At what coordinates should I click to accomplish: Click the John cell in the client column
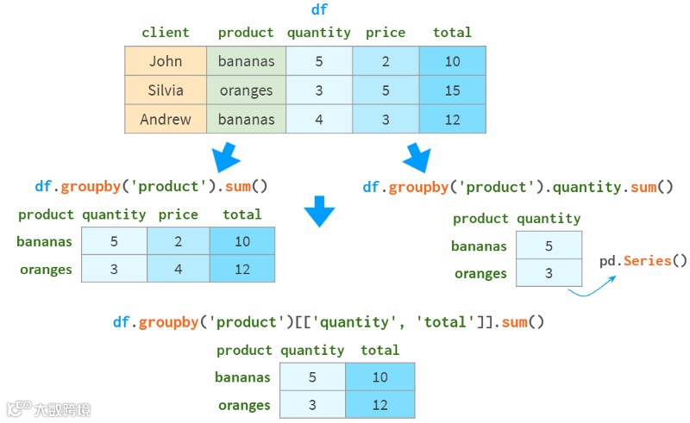166,61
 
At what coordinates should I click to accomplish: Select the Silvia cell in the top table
166,90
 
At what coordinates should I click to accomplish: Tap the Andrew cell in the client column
166,120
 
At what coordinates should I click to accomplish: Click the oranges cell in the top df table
246,90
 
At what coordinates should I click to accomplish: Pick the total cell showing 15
453,90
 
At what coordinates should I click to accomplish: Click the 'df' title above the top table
319,10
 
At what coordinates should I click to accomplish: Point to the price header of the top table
386,33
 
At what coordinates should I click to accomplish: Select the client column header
166,33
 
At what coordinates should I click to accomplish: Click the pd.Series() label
643,260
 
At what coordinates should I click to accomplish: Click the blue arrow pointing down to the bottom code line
319,212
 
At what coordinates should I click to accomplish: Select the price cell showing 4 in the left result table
179,269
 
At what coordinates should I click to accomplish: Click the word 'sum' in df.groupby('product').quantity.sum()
643,187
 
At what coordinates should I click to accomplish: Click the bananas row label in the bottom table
242,377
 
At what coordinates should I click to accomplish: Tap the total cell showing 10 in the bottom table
380,377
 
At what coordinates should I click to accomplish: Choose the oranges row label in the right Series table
480,274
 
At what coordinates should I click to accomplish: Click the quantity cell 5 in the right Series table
549,246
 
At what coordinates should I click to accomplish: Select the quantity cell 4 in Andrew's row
319,120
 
